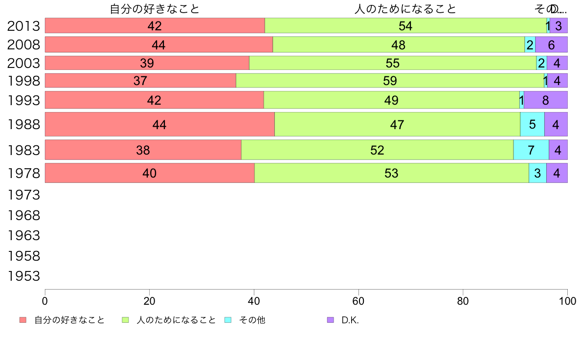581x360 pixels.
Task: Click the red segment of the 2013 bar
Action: coord(155,26)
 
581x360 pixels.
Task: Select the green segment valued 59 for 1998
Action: coord(390,81)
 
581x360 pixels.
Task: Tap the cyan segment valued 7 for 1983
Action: coord(531,150)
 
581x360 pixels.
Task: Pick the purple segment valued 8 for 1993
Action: coord(545,100)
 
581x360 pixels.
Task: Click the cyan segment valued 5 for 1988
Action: coord(532,124)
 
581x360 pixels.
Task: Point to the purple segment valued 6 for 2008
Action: coord(551,45)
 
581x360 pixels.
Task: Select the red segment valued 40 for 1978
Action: coord(150,173)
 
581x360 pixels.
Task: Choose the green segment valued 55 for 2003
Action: coord(393,63)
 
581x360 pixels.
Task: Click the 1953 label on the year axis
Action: coord(23,276)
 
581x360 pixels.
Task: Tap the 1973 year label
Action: coord(23,195)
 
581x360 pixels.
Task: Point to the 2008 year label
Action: coord(23,45)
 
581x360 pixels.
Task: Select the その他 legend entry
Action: coord(252,320)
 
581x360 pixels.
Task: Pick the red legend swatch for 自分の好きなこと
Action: coord(23,320)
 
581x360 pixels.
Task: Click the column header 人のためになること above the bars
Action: coord(405,9)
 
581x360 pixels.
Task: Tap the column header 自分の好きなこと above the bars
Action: coord(155,9)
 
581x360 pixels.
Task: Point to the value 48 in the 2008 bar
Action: coord(399,45)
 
